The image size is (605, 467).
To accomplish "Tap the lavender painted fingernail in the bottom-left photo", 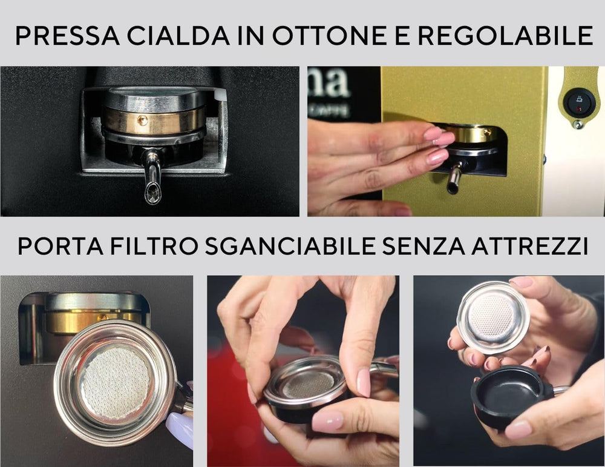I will coord(181,428).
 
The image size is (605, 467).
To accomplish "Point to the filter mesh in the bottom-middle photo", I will coord(309,383).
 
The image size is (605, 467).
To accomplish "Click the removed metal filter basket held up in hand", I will coord(493,317).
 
